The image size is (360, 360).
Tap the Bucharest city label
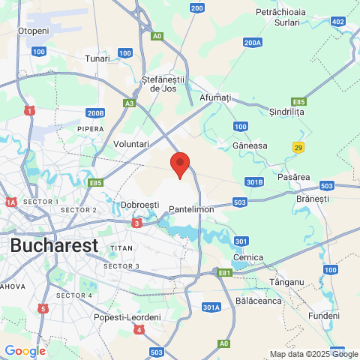tap(54, 245)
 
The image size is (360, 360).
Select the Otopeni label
tap(33, 31)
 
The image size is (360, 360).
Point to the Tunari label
tap(97, 58)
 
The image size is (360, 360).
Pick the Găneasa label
tap(250, 145)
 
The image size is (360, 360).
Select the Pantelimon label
tap(192, 210)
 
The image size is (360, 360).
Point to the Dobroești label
tap(140, 205)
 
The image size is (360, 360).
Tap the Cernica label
tap(248, 257)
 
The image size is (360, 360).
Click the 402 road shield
tap(338, 22)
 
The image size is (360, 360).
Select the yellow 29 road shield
tap(298, 148)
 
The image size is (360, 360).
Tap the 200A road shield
tap(253, 43)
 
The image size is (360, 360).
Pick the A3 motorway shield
tap(130, 103)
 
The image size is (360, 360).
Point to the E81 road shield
tap(224, 272)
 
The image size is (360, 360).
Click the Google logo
tap(25, 350)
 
